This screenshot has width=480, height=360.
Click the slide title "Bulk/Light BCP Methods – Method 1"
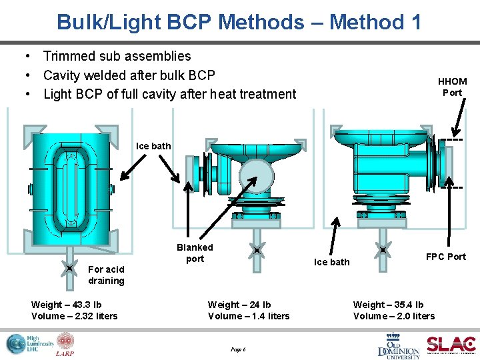(x=239, y=22)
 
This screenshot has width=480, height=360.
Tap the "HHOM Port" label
(x=452, y=87)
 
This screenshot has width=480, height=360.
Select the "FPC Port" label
(x=445, y=257)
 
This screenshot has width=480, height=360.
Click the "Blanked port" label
(x=195, y=253)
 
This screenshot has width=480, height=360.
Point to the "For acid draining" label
(x=106, y=275)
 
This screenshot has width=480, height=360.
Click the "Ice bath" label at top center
(x=153, y=146)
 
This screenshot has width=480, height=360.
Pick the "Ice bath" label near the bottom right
(x=331, y=262)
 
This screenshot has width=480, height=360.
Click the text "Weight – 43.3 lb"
(x=66, y=305)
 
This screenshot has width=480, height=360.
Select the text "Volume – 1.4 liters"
(x=249, y=316)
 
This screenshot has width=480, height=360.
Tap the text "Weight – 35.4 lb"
(x=388, y=305)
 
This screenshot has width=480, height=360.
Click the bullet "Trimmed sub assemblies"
(x=117, y=56)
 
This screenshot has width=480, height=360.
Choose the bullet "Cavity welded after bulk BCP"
(x=129, y=75)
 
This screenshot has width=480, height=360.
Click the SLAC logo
(x=451, y=344)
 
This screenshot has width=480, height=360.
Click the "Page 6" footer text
(x=238, y=349)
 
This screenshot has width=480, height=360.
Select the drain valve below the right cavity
(x=383, y=251)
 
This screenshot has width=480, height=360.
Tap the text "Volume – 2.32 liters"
(x=74, y=316)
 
